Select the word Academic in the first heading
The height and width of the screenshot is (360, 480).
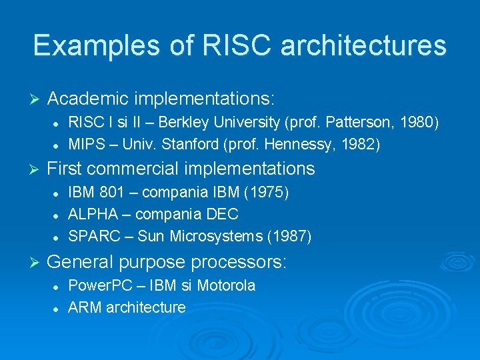coord(88,99)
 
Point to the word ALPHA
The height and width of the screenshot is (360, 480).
coord(91,215)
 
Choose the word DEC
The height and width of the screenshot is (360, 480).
coord(223,215)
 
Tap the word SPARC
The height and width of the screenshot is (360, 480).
coord(90,237)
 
